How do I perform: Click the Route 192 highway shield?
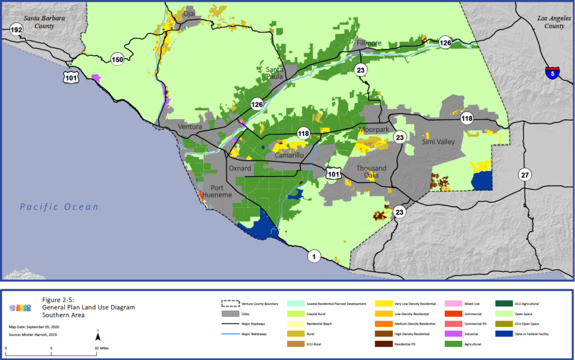(17, 30)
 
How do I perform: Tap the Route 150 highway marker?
(117, 60)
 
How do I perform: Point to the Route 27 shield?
(524, 174)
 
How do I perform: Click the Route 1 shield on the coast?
(314, 257)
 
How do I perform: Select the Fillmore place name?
(369, 43)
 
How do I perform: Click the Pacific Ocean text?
(59, 207)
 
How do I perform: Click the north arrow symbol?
(98, 336)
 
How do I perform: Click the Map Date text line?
(34, 326)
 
